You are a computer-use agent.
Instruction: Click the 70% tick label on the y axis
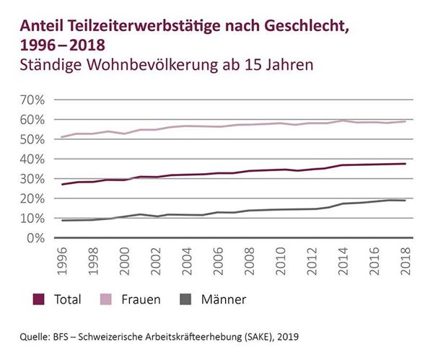click(36, 100)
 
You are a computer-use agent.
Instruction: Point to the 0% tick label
click(40, 237)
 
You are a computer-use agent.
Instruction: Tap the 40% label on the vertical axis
click(36, 159)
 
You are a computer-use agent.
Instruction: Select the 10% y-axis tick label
click(36, 218)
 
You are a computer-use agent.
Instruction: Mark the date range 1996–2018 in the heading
click(62, 45)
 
